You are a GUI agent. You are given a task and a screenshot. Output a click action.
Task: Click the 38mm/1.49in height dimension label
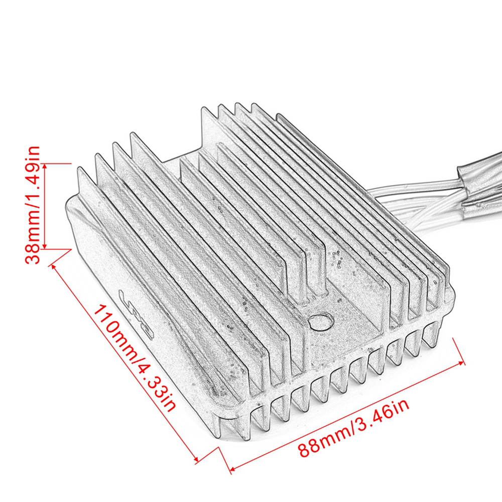(33, 205)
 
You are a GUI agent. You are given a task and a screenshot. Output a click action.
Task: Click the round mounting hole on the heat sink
(321, 321)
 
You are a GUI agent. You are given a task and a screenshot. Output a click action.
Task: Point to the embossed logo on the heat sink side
(137, 314)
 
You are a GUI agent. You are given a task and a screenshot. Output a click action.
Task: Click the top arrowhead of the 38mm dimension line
(45, 166)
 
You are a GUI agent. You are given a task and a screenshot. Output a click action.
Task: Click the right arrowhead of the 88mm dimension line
(461, 363)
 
